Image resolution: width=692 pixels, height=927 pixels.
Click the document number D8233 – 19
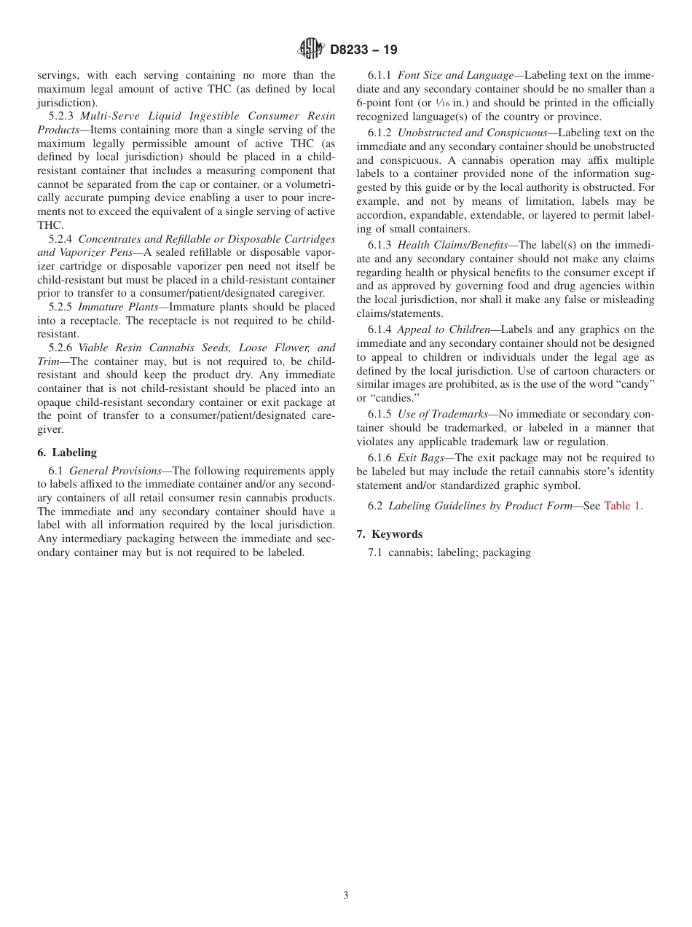coord(363,50)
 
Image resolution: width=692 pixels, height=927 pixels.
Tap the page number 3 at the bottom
coord(346,896)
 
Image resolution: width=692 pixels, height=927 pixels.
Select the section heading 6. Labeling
coord(67,453)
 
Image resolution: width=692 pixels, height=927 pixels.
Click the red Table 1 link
coord(623,506)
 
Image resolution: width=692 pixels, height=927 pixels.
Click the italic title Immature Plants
coord(118,307)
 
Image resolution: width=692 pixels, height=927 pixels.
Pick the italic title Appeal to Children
coord(444,330)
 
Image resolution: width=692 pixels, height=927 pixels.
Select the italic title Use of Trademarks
coord(442,414)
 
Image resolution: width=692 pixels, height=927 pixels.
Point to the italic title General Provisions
coord(115,471)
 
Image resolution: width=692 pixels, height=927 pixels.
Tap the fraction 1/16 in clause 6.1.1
coord(441,103)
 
